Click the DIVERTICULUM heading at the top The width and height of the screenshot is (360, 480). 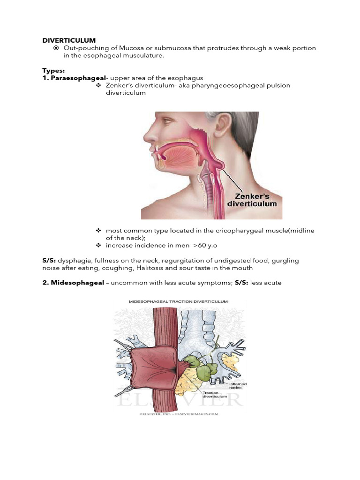click(x=69, y=40)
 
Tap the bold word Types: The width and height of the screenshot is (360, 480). click(x=53, y=70)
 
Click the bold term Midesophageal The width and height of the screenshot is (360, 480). click(x=77, y=283)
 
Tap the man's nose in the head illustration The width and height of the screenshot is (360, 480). click(x=149, y=136)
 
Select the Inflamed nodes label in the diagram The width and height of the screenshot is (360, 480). click(x=238, y=387)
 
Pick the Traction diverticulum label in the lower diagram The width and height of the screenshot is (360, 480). click(x=215, y=395)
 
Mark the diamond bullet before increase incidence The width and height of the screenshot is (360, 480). click(x=98, y=245)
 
